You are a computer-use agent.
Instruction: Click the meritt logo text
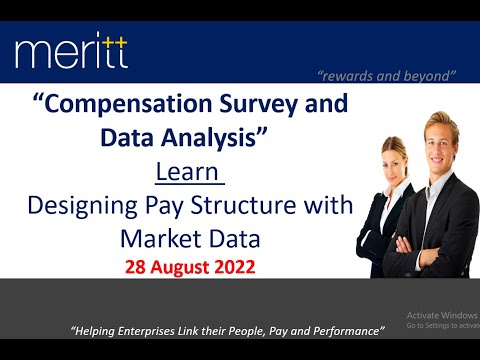tap(71, 50)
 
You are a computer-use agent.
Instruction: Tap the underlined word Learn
tap(188, 174)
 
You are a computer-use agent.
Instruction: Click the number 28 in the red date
tap(136, 267)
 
